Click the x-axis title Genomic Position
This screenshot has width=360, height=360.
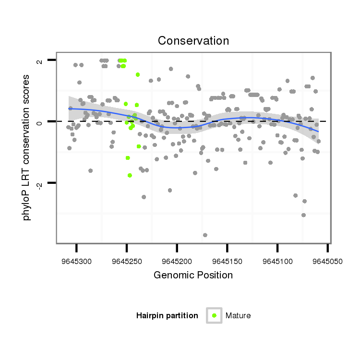point(193,275)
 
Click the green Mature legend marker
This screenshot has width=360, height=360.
point(214,315)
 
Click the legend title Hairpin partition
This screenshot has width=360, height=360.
point(167,315)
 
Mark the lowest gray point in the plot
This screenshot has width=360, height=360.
point(205,235)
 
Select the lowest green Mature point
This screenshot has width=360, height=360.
point(130,176)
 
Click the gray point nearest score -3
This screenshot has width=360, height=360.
point(303,215)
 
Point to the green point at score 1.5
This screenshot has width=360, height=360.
point(138,74)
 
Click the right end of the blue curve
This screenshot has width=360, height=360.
point(318,132)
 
